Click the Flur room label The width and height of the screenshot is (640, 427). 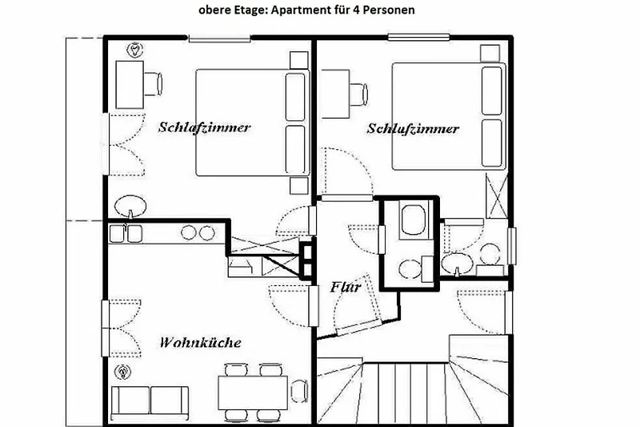click(346, 287)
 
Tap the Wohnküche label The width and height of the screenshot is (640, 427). click(200, 342)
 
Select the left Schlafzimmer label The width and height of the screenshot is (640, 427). click(204, 127)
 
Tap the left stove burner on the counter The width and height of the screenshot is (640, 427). click(189, 232)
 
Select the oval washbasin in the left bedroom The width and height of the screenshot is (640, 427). click(130, 207)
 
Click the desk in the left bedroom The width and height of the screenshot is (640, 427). click(130, 85)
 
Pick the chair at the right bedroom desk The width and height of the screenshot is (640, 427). click(358, 95)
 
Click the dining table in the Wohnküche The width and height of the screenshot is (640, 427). click(253, 393)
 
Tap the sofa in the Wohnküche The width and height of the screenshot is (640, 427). click(150, 403)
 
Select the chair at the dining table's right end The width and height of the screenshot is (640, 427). click(299, 391)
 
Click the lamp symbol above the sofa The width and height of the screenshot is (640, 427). click(122, 372)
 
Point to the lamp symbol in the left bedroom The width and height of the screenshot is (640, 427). click(134, 50)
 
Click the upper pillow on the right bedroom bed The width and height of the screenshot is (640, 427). click(492, 91)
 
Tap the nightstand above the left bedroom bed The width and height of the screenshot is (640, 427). click(298, 60)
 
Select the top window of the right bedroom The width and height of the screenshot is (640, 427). click(418, 38)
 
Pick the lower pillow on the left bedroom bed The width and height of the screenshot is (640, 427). click(295, 150)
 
